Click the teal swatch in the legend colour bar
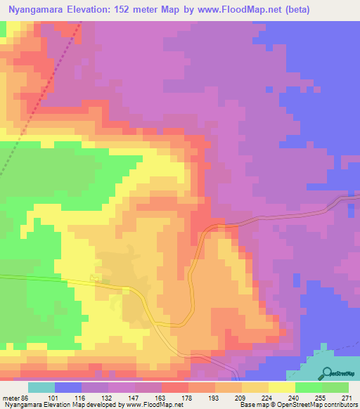point(41,387)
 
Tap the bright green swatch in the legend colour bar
point(308,387)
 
